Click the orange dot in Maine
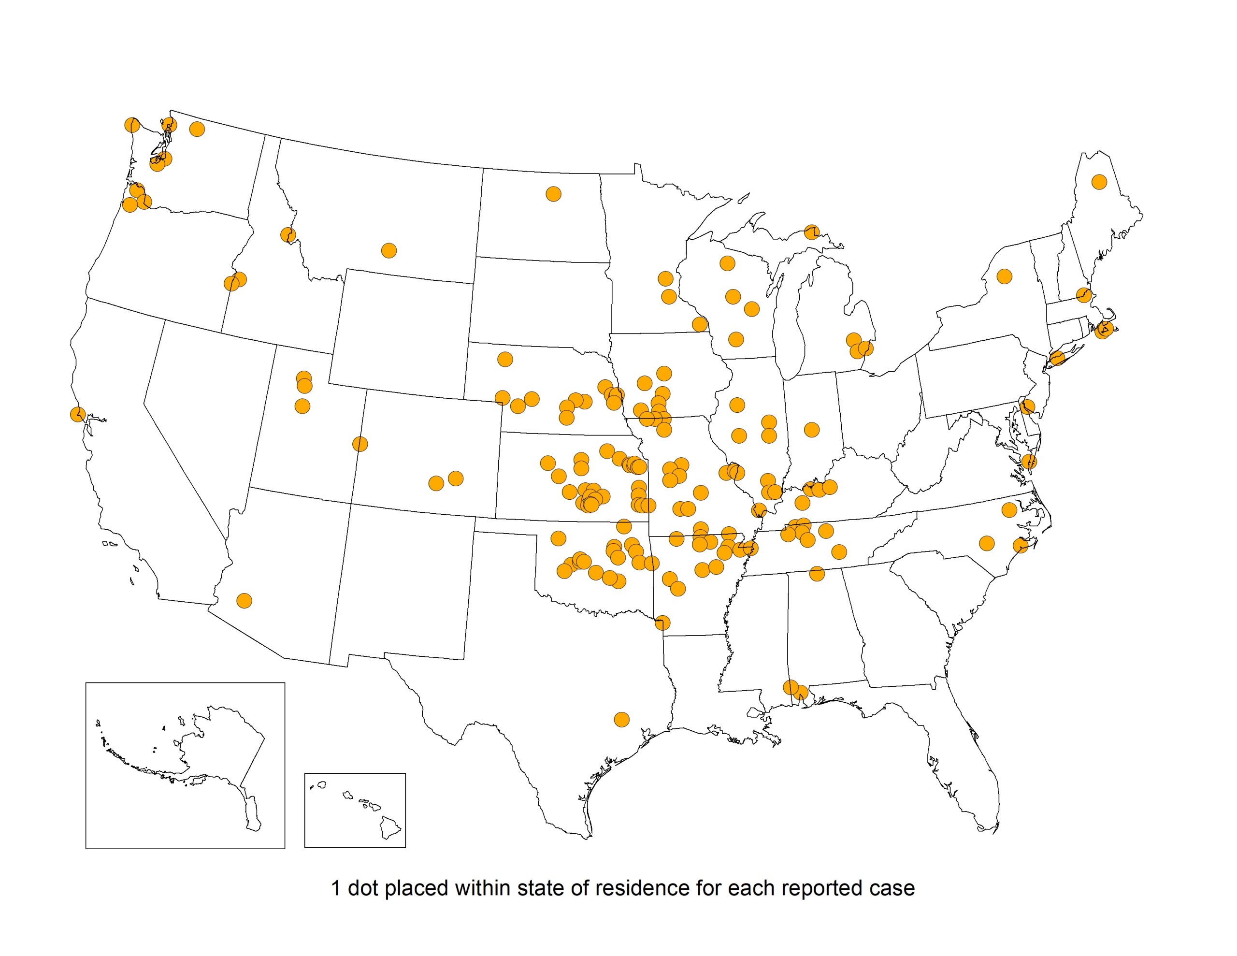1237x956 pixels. [x=1099, y=182]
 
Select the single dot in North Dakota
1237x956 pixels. [x=553, y=194]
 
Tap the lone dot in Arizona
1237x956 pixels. [x=244, y=601]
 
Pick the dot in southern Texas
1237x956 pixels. [x=622, y=720]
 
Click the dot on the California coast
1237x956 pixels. [x=78, y=414]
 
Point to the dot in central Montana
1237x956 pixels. [x=388, y=250]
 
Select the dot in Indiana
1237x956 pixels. [x=812, y=430]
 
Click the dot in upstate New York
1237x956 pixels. [x=1004, y=276]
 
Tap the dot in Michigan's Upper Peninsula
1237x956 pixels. [x=812, y=232]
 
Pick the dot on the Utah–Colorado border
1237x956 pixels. [x=360, y=444]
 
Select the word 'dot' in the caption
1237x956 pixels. [x=362, y=888]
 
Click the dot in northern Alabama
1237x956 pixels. [x=817, y=574]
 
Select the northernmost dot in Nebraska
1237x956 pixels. [x=504, y=359]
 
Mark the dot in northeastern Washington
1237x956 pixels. [x=197, y=129]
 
